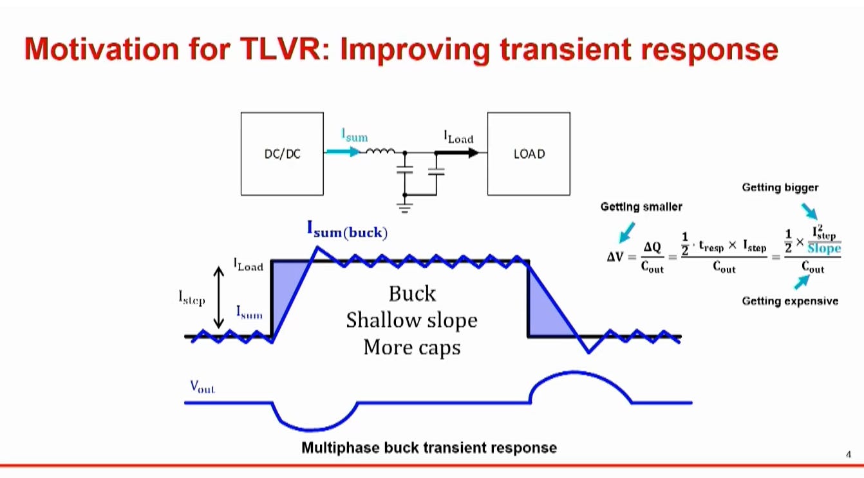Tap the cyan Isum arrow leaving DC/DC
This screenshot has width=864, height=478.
343,151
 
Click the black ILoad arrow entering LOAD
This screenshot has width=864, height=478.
457,153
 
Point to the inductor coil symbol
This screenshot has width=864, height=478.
380,151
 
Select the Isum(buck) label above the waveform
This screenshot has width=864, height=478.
347,230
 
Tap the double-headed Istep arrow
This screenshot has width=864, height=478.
219,298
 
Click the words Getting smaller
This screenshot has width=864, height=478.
641,207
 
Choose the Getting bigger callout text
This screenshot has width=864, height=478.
780,187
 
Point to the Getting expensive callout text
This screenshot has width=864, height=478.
790,301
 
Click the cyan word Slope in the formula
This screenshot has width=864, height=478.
824,249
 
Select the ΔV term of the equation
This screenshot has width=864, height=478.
615,256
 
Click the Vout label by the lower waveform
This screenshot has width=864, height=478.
203,386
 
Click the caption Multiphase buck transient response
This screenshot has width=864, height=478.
429,448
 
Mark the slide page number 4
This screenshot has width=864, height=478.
848,454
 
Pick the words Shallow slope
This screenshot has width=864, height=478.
411,321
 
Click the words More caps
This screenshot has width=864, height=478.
412,347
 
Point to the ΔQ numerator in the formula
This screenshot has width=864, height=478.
652,247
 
